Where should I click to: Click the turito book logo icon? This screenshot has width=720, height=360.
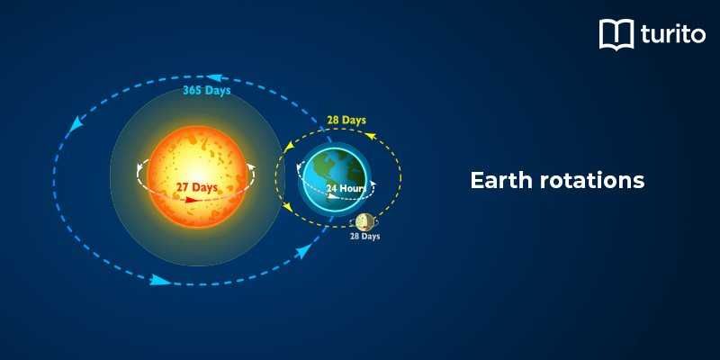pyautogui.click(x=616, y=35)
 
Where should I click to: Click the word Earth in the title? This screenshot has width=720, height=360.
pyautogui.click(x=500, y=180)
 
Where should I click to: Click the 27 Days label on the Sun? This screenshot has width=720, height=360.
pyautogui.click(x=196, y=187)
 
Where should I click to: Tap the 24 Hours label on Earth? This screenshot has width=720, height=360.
pyautogui.click(x=346, y=189)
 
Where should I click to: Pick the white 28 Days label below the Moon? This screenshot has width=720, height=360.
pyautogui.click(x=364, y=237)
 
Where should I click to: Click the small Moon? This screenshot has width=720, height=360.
pyautogui.click(x=365, y=221)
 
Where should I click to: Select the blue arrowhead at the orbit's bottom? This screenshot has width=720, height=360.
pyautogui.click(x=160, y=280)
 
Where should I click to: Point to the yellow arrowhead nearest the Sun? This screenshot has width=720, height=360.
pyautogui.click(x=288, y=208)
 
